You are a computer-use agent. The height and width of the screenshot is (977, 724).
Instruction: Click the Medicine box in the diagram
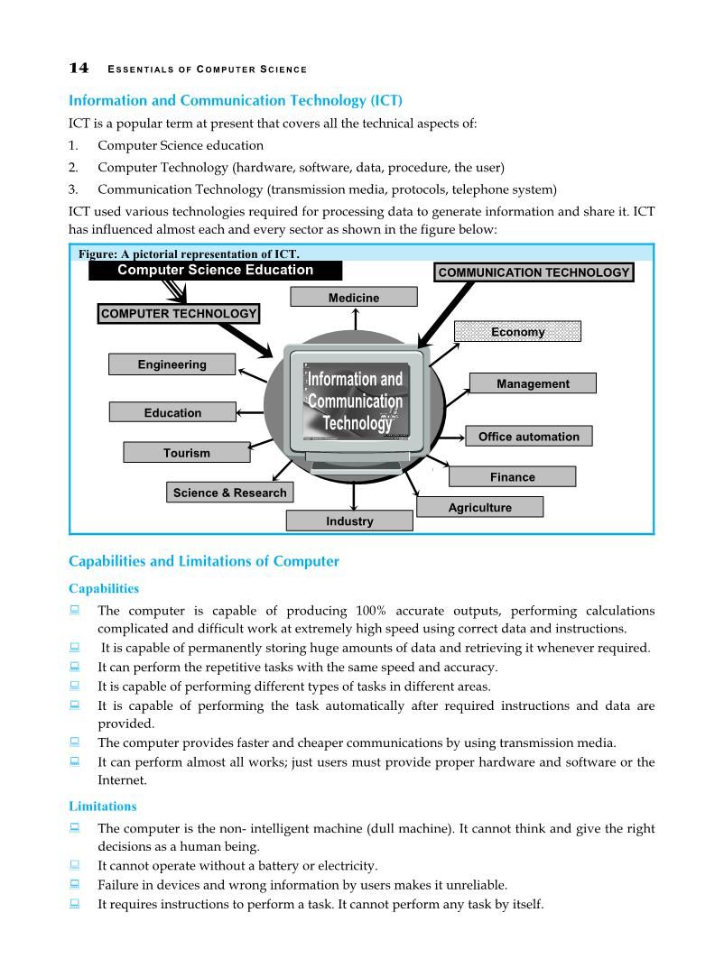(354, 298)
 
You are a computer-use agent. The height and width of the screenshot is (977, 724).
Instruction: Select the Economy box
(517, 332)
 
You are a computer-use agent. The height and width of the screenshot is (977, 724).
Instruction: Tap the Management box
(533, 383)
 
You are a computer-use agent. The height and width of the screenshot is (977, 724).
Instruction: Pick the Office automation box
(528, 437)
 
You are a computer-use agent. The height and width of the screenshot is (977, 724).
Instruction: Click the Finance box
(512, 476)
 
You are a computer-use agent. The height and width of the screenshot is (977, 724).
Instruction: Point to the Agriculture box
(479, 507)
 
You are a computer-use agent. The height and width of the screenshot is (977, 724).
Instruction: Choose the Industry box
(349, 521)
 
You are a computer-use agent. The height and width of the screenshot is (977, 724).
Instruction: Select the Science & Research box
(229, 493)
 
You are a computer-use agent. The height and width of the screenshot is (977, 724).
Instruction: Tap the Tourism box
(186, 453)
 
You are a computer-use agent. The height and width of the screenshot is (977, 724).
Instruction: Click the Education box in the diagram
(172, 412)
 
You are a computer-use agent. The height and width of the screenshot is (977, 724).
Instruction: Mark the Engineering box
(172, 364)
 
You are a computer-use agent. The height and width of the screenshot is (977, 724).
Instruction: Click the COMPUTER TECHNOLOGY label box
(179, 314)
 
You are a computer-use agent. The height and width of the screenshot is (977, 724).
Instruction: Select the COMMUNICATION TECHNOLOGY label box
(534, 272)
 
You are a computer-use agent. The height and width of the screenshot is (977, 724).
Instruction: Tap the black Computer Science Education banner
(215, 270)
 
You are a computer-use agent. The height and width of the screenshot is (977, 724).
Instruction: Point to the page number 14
(79, 69)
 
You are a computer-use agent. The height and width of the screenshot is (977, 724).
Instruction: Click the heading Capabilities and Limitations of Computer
(204, 561)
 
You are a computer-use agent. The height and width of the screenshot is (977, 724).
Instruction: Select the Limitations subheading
(103, 806)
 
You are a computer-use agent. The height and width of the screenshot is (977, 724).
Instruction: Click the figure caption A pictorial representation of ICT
(189, 254)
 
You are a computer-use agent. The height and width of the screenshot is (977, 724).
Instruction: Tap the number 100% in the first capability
(371, 611)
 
